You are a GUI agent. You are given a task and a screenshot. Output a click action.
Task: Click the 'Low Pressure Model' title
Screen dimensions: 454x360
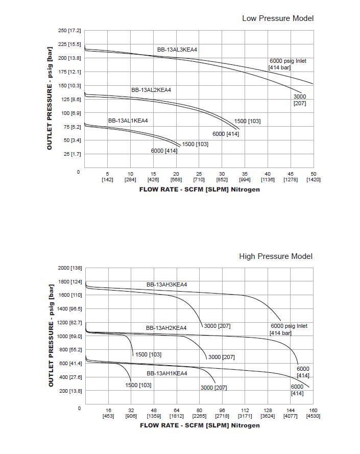277,18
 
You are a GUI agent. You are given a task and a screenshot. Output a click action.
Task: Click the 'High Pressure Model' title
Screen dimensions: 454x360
276,256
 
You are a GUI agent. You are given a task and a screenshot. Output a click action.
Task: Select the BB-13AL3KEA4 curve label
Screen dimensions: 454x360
177,50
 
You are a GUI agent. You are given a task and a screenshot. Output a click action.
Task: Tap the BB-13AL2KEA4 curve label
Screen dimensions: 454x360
151,90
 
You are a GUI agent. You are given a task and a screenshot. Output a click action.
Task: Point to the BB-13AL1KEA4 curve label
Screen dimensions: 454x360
128,121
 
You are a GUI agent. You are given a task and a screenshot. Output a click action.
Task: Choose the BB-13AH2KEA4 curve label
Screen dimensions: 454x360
166,328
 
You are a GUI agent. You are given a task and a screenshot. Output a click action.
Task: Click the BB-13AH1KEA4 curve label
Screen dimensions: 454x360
167,373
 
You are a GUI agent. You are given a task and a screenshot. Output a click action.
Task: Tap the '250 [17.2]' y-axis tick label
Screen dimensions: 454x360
69,31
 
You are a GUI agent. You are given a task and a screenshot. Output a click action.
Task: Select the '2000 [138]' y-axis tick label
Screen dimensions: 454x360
70,268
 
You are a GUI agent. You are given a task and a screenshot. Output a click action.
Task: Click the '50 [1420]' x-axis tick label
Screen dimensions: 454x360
313,177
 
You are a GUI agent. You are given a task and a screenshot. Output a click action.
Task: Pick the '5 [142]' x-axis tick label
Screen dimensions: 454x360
107,177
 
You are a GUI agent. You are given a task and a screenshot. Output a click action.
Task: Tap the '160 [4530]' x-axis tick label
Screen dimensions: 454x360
313,413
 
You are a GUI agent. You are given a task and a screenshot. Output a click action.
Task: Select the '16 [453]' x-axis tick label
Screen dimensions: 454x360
108,413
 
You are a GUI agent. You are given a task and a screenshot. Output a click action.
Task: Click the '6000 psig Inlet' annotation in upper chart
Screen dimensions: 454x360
288,61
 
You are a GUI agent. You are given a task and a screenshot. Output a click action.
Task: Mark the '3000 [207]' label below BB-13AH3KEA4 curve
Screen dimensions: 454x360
217,326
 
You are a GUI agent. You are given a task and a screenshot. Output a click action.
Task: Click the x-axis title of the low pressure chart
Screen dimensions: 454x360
199,189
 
